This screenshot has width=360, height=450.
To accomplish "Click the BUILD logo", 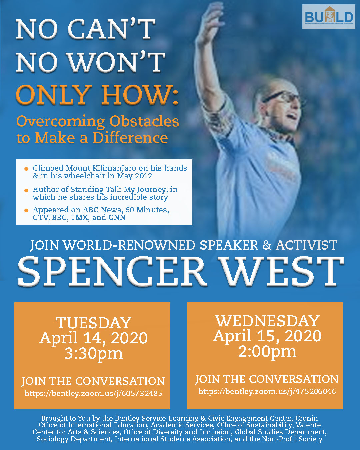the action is (x=328, y=17).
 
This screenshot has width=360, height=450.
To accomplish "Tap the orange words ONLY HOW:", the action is (x=97, y=95).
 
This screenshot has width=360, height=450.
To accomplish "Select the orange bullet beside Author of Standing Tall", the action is (x=26, y=190).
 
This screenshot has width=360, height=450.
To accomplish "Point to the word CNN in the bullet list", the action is (x=117, y=217).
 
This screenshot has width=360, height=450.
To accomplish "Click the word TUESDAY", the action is (x=93, y=323).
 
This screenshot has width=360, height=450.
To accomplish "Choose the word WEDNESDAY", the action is (x=268, y=321).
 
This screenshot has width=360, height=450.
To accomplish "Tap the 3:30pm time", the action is (x=94, y=354).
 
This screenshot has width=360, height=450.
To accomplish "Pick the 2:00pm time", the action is (x=267, y=352).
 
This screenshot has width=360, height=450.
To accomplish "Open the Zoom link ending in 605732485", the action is (x=93, y=393).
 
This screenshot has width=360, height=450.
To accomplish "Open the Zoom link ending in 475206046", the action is (x=267, y=391).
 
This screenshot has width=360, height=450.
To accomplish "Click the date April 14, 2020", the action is (x=94, y=338).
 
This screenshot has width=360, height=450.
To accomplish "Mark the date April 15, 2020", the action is (x=267, y=336).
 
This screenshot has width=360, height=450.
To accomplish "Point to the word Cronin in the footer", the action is (x=306, y=418).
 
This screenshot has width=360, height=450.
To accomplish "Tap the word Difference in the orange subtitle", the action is (x=130, y=138).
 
